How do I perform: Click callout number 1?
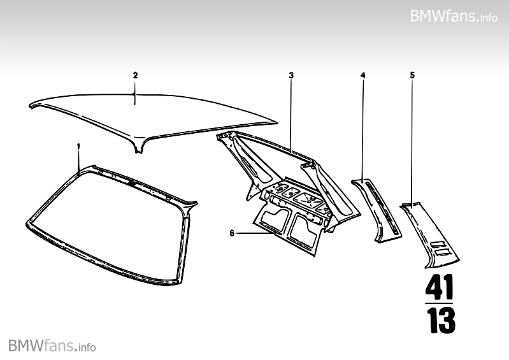[78, 146]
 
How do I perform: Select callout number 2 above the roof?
[135, 75]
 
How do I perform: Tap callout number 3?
[291, 75]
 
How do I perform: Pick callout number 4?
[362, 75]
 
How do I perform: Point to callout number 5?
[412, 75]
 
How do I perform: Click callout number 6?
[232, 233]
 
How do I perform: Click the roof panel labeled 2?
[153, 118]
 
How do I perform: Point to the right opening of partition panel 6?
[305, 231]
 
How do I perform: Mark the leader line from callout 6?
[255, 234]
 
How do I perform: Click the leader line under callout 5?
[412, 140]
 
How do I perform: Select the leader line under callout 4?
[362, 127]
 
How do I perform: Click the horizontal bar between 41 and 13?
[440, 303]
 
